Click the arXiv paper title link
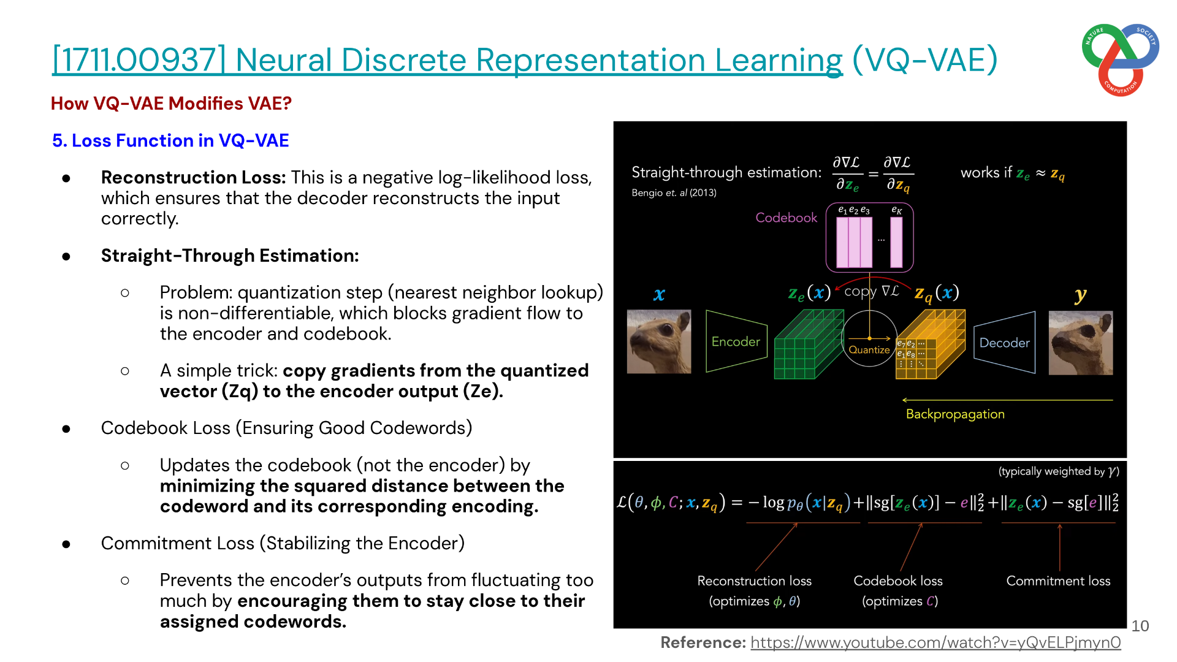click(448, 60)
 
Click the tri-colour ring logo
click(1121, 60)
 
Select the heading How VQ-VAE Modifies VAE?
click(171, 104)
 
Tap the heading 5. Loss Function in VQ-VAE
click(170, 140)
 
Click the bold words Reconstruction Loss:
click(194, 177)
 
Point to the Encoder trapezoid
click(736, 341)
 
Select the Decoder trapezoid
click(1005, 343)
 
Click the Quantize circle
click(869, 338)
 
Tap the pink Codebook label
click(787, 218)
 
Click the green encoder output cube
click(809, 344)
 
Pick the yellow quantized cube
click(931, 344)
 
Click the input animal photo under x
click(659, 341)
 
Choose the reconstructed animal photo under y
click(1081, 343)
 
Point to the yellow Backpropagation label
click(955, 414)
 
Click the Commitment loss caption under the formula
click(1058, 581)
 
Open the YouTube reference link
click(935, 642)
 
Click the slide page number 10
click(1140, 626)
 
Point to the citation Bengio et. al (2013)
click(674, 192)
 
